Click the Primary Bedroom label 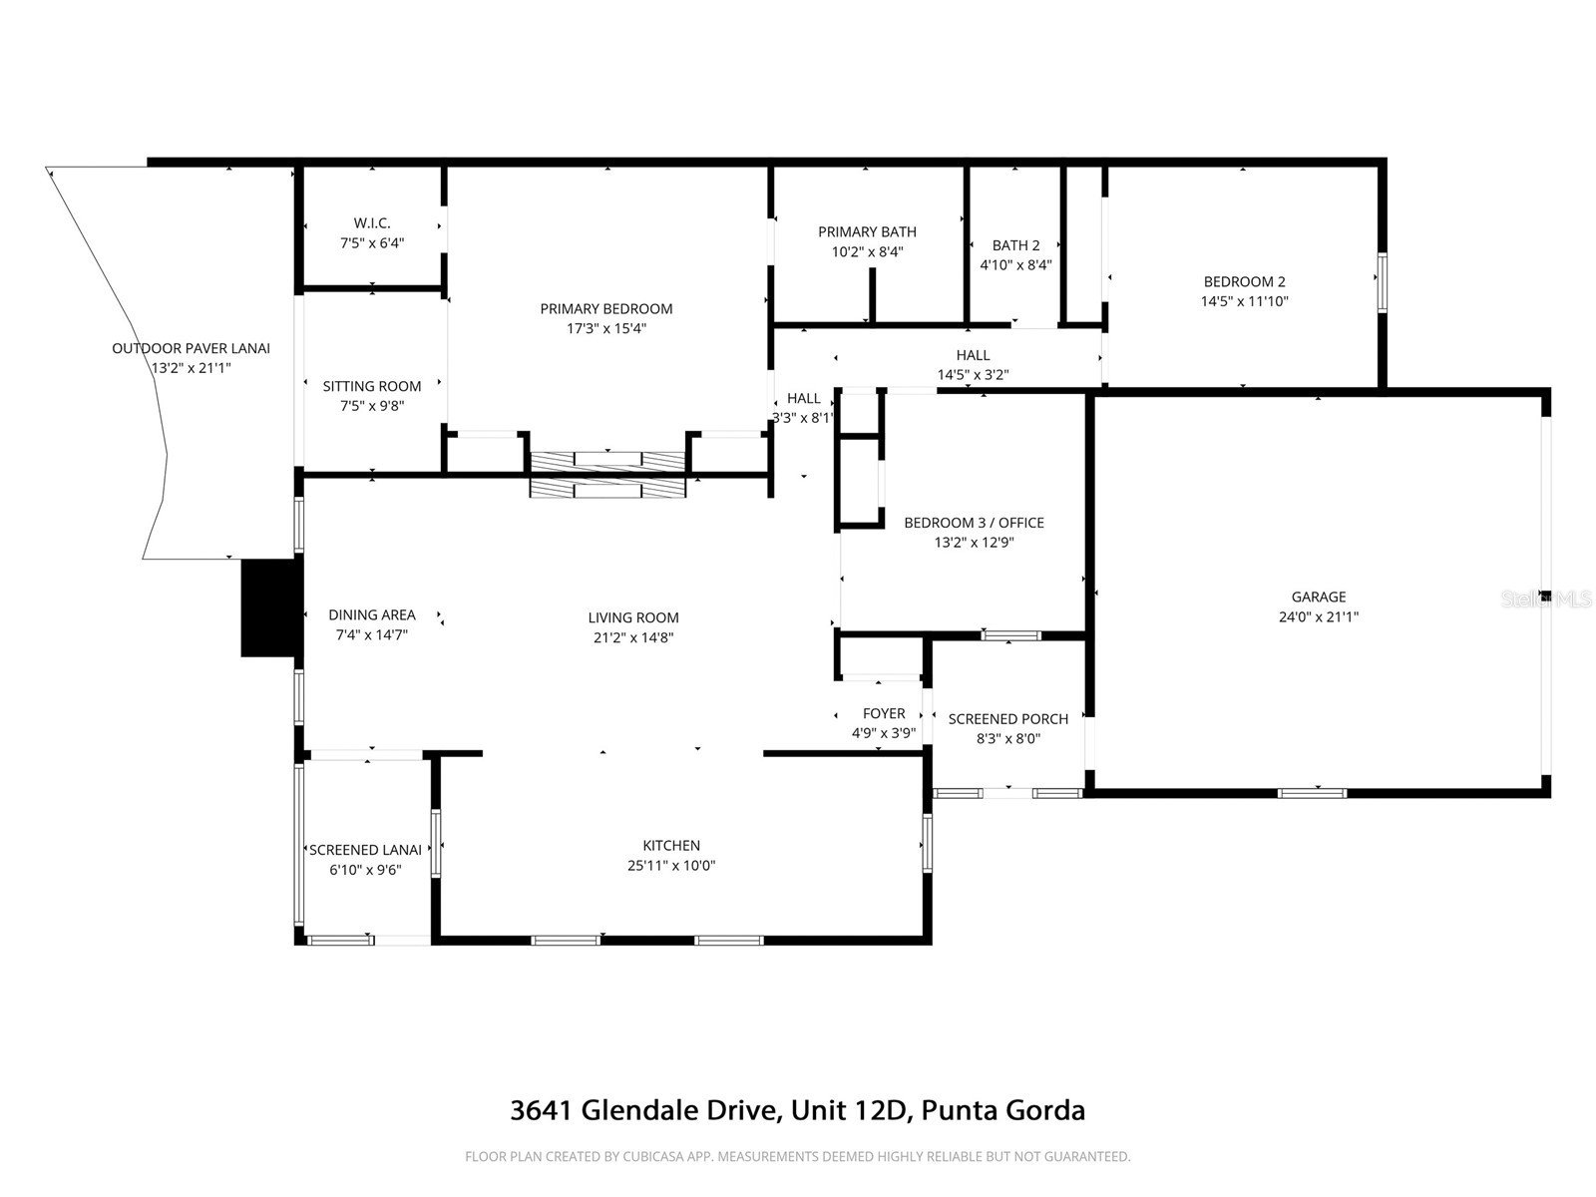point(606,309)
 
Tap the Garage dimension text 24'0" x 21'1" point(1318,616)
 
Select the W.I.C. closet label point(372,223)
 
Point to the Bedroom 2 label point(1244,282)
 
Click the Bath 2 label point(1015,245)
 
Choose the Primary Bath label point(867,232)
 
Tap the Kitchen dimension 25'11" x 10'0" point(671,866)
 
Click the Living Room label point(633,618)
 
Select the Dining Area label point(372,615)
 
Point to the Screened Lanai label point(365,851)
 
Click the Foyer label point(884,714)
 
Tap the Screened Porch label point(1007,719)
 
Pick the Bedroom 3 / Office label point(974,523)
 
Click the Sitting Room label point(372,387)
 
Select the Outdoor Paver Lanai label point(191,349)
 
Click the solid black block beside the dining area point(270,607)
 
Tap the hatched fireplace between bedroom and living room point(607,474)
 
